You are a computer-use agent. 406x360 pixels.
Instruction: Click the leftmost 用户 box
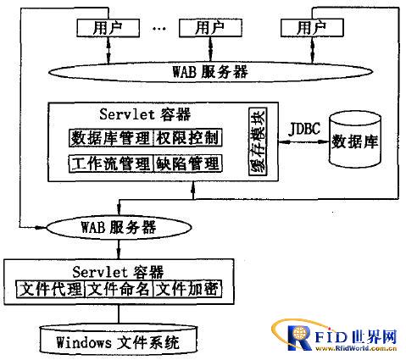coord(108,28)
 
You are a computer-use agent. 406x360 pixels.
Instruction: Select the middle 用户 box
coord(210,28)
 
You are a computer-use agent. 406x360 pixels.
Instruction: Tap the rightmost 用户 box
coord(312,28)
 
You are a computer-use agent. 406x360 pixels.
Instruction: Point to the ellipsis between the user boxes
coord(159,29)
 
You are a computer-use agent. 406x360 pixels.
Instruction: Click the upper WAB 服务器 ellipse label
coord(210,72)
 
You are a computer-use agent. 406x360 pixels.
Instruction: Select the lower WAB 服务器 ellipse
coord(119,228)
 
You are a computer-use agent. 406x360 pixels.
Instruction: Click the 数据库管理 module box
coord(111,138)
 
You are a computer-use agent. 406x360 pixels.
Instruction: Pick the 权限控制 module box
coord(187,138)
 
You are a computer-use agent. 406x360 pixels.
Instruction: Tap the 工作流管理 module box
coord(111,163)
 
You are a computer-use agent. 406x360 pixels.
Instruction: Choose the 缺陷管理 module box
coord(187,163)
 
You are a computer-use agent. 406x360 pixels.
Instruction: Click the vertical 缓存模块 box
coord(258,141)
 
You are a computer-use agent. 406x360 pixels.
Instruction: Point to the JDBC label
coord(304,129)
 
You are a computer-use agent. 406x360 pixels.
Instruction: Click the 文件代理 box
coord(50,289)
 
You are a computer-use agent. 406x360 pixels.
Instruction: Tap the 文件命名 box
coord(119,289)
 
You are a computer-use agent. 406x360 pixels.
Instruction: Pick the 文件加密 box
coord(187,289)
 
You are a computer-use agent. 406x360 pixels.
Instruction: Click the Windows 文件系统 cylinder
coord(118,341)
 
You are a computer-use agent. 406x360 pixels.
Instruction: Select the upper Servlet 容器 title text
coord(145,114)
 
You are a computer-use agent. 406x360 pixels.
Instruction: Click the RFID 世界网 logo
coord(335,335)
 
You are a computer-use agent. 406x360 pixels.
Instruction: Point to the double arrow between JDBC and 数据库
coord(304,142)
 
